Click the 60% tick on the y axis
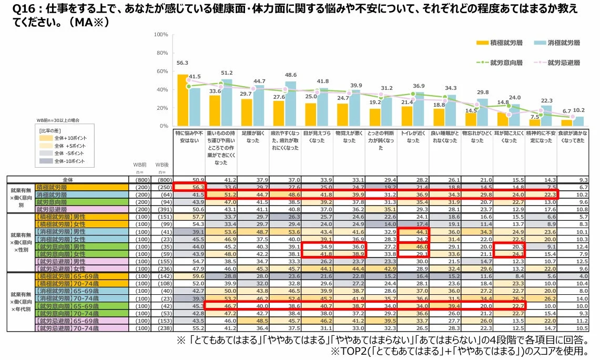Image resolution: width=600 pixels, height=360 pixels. pyautogui.click(x=161, y=71)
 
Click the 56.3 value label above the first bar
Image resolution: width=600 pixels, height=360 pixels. pyautogui.click(x=182, y=63)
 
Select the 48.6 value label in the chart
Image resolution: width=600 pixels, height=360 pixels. pyautogui.click(x=290, y=75)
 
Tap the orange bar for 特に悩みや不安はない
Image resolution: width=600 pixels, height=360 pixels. pyautogui.click(x=182, y=100)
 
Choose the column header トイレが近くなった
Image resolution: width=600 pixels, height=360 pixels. pyautogui.click(x=413, y=138)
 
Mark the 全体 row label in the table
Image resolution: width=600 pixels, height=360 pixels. pyautogui.click(x=69, y=179)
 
